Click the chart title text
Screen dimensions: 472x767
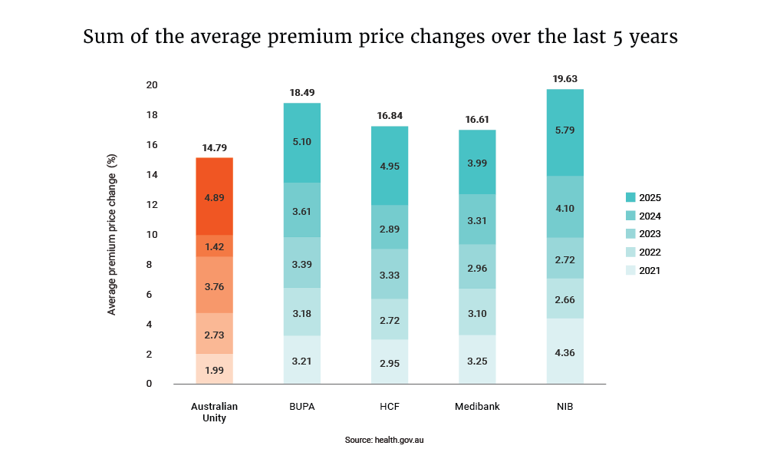380,37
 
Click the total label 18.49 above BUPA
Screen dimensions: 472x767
301,93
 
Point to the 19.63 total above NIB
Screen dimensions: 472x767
565,78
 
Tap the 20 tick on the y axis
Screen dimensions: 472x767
152,85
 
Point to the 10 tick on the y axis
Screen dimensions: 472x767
152,235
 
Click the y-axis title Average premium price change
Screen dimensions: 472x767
112,234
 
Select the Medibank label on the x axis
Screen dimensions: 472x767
477,407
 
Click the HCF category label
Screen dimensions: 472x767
390,407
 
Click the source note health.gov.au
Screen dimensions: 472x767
383,441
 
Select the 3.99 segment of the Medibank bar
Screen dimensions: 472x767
477,162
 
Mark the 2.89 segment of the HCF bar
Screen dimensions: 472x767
390,227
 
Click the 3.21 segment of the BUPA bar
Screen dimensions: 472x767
301,359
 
